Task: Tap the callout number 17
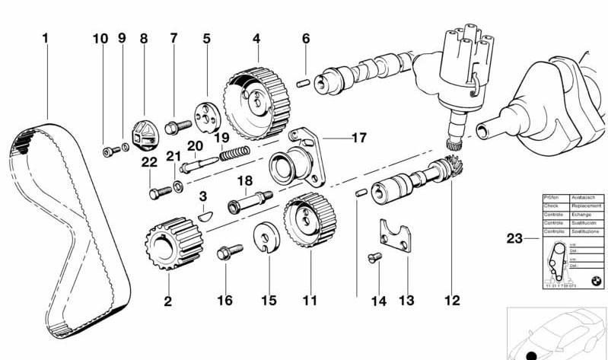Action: (358, 138)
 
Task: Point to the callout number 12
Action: (452, 300)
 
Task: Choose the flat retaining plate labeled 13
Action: (400, 236)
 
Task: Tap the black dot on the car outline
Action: (531, 355)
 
